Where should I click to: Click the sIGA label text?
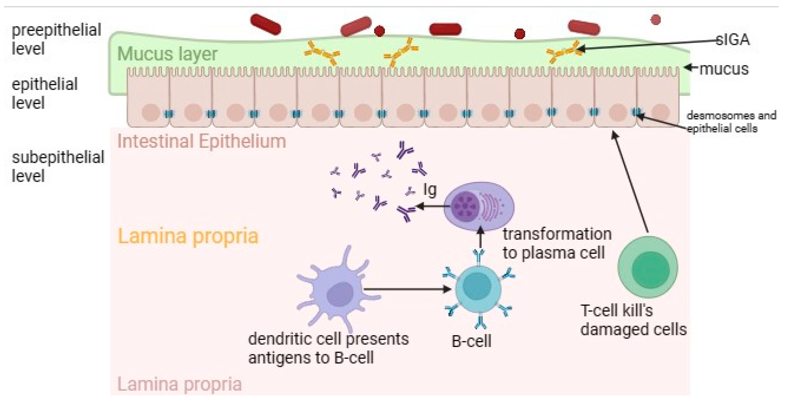point(733,40)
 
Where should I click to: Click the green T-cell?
point(648,267)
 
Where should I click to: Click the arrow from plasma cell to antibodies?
point(433,206)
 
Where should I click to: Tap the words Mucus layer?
point(167,54)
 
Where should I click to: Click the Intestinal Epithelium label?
point(202,141)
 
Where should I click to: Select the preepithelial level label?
point(56,39)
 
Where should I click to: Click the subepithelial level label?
point(58,166)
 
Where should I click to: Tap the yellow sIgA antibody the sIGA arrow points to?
point(564,52)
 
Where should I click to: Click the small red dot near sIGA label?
point(655,20)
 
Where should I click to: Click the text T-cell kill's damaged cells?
point(633,320)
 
